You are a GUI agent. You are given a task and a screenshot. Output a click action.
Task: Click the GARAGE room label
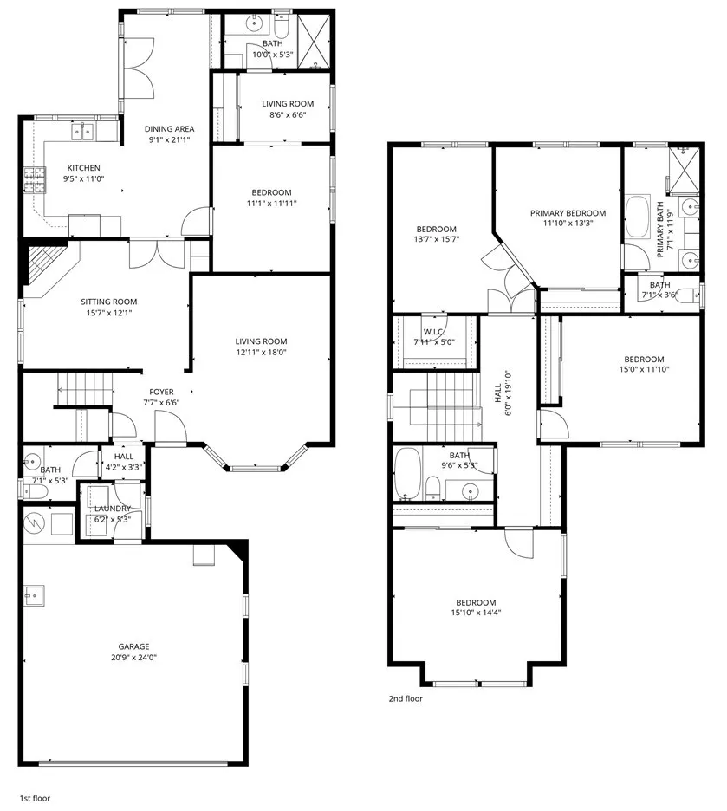pos(134,646)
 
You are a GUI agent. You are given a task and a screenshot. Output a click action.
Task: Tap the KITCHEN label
pos(84,168)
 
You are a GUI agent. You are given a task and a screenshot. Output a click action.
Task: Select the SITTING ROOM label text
pos(109,302)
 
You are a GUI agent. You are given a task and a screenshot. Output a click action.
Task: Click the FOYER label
pos(162,391)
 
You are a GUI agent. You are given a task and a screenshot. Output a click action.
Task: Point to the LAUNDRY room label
pos(113,509)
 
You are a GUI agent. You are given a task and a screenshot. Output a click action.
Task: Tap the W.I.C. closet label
pos(434,333)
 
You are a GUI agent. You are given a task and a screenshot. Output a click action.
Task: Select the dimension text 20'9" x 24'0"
pos(134,658)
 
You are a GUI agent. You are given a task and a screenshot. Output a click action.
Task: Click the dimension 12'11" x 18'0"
pos(261,353)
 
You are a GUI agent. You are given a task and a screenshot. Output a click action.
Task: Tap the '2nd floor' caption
pos(406,698)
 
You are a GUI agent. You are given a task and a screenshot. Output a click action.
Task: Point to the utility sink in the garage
pos(36,595)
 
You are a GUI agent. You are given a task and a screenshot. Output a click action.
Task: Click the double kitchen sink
pos(83,132)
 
